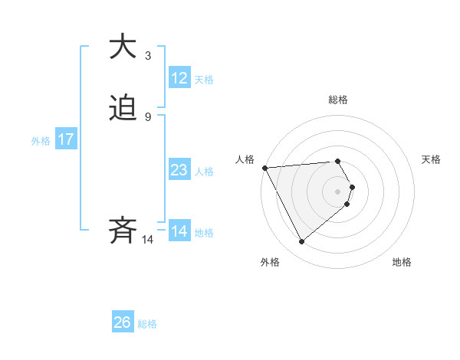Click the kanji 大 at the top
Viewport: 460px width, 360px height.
(x=123, y=47)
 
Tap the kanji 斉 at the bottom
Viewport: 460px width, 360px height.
(x=123, y=231)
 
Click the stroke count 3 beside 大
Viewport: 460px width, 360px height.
(x=147, y=55)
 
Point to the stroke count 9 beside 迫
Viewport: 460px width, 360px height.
(x=147, y=117)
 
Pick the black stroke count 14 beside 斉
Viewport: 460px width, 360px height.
(x=148, y=240)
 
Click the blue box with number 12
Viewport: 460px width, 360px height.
(x=179, y=78)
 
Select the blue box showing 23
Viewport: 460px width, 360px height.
(x=179, y=170)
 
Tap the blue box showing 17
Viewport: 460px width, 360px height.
(x=66, y=139)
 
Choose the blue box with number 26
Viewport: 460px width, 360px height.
(x=123, y=322)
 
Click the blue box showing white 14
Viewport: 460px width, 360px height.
(x=179, y=231)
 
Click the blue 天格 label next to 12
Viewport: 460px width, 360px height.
(x=204, y=79)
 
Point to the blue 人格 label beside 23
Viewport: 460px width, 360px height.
(x=205, y=171)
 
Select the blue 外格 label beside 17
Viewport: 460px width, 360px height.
(x=41, y=140)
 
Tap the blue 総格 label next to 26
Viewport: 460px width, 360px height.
(x=147, y=323)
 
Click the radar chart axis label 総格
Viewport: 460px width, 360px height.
(x=338, y=100)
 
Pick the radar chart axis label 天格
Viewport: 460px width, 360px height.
(x=432, y=159)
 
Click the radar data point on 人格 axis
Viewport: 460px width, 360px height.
(x=264, y=168)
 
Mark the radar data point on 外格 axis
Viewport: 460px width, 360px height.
(x=301, y=242)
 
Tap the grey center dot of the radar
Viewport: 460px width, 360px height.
(x=338, y=191)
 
